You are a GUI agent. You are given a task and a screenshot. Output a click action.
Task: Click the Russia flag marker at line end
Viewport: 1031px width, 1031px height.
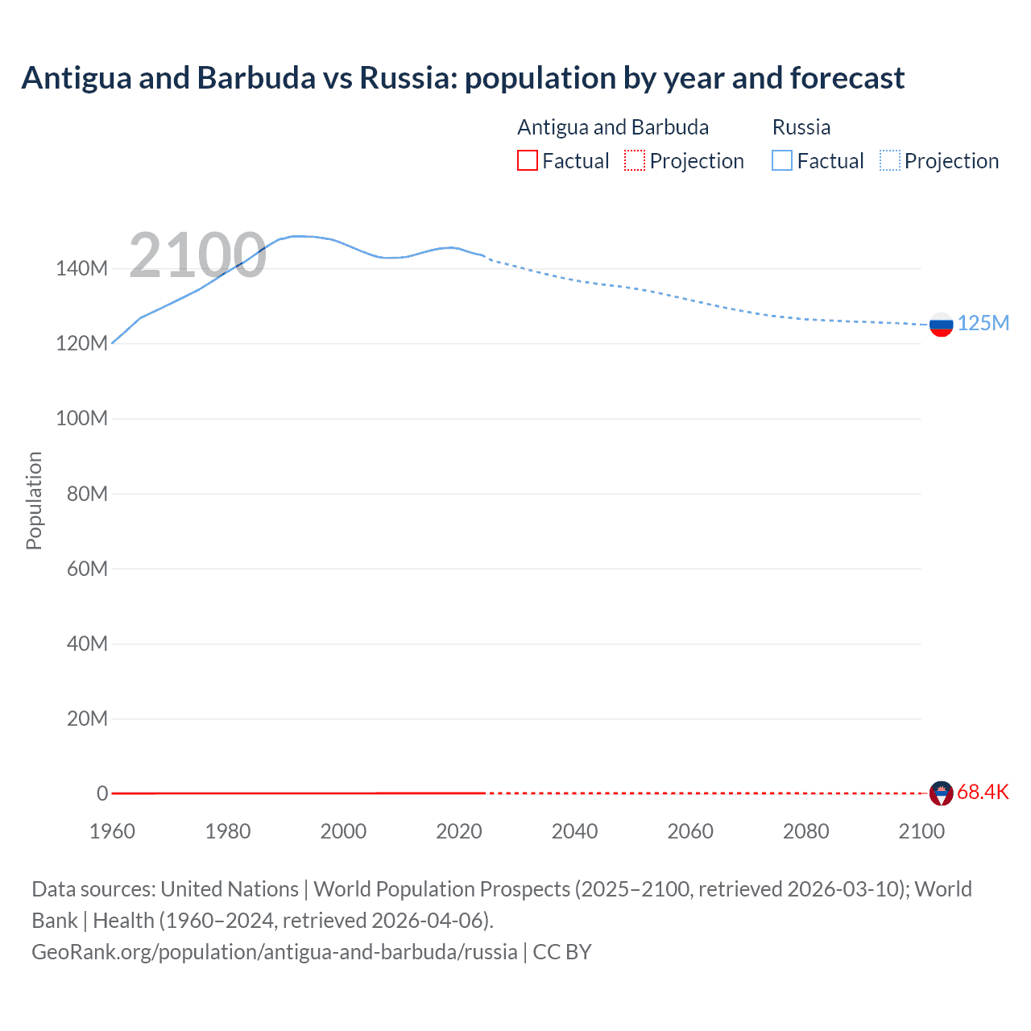941,325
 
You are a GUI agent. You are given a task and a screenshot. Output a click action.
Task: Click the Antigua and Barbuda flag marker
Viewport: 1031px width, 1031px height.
941,793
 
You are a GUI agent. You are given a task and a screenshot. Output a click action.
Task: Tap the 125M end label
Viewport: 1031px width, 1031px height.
983,323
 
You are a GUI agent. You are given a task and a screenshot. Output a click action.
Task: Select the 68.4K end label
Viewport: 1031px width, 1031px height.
983,793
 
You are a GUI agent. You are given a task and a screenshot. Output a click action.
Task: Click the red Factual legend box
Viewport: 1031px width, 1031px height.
527,161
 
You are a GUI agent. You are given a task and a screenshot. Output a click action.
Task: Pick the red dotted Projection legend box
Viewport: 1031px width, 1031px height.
635,161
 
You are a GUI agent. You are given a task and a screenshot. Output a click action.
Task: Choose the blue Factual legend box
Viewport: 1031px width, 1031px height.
782,161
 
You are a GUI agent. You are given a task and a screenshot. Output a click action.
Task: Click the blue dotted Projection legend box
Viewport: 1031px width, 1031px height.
890,161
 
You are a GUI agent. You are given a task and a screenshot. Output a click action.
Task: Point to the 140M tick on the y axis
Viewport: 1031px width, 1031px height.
81,269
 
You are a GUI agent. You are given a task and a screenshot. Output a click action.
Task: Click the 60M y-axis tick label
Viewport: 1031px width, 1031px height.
87,569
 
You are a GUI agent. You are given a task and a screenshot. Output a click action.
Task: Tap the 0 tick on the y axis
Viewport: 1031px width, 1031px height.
102,793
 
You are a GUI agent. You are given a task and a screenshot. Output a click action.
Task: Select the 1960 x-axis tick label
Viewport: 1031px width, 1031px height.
112,831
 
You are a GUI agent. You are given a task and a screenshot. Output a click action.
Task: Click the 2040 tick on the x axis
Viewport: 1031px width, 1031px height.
574,831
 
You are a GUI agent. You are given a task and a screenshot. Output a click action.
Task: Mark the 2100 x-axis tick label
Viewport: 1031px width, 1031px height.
921,831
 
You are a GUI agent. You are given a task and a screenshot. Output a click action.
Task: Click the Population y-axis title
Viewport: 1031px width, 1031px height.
34,500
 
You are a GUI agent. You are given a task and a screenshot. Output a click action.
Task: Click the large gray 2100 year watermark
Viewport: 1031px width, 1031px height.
197,255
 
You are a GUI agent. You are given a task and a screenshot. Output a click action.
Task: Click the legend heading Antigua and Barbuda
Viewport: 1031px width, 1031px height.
613,127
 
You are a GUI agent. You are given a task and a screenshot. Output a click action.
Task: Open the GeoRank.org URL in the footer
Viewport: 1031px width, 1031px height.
274,952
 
